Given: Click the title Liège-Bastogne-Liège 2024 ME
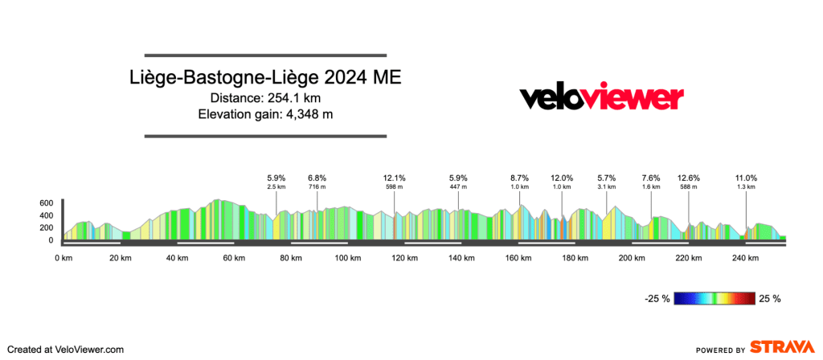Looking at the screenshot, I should click(265, 79).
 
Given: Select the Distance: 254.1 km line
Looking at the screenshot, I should click(265, 99).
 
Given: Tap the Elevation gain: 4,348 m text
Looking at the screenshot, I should click(265, 114).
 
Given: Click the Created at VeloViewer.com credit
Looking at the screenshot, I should click(65, 350).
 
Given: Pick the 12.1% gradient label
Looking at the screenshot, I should click(394, 178).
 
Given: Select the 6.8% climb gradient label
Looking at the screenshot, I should click(317, 178).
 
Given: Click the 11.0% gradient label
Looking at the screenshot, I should click(746, 178).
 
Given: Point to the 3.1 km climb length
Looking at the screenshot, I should click(606, 187).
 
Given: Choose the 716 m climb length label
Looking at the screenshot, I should click(317, 187).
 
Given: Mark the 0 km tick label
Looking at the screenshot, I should click(63, 258).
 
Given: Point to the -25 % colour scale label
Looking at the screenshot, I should click(657, 299).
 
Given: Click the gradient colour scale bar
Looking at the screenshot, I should click(714, 299).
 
